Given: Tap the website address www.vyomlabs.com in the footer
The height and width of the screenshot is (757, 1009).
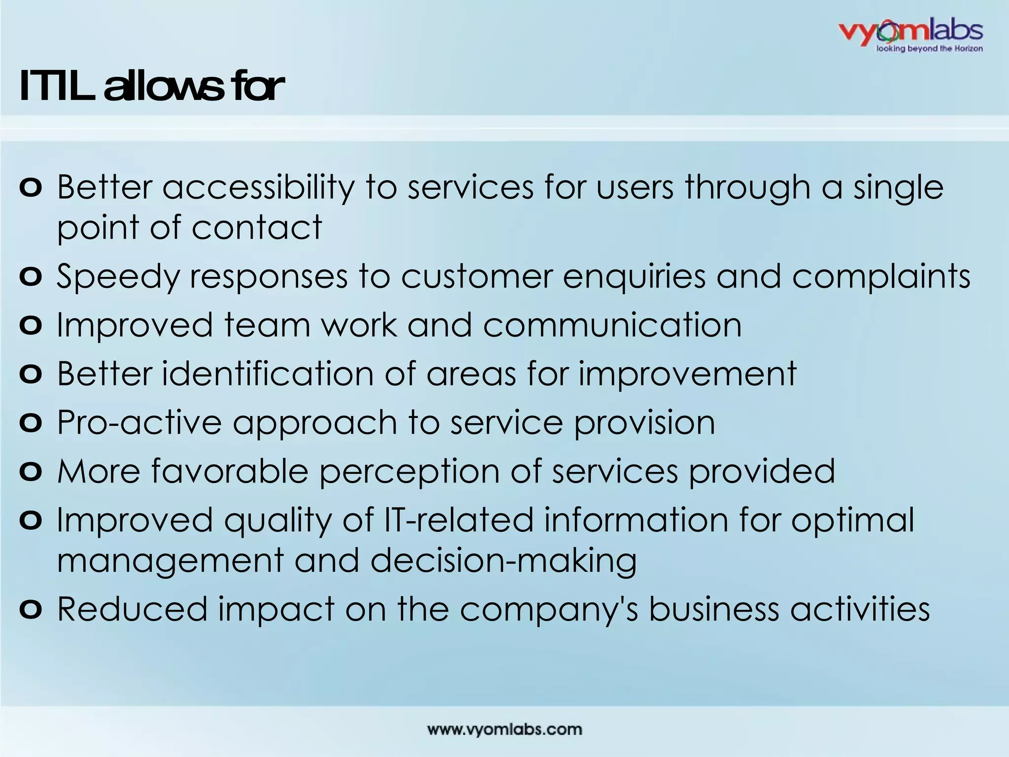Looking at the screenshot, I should coord(504,729).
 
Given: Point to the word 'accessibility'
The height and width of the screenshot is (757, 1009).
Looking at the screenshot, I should coord(258,187).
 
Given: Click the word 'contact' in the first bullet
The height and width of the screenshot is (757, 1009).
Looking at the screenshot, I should coord(257,227).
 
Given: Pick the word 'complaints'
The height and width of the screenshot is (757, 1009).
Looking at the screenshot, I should coord(881,276).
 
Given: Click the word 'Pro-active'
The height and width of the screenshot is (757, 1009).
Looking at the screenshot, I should coord(139,422).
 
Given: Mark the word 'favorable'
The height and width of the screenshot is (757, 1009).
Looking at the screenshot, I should coord(230,471).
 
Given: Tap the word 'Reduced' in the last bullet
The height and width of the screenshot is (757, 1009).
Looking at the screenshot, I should coord(132,609).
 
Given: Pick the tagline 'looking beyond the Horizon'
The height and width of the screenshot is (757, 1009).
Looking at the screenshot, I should coord(929,48).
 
